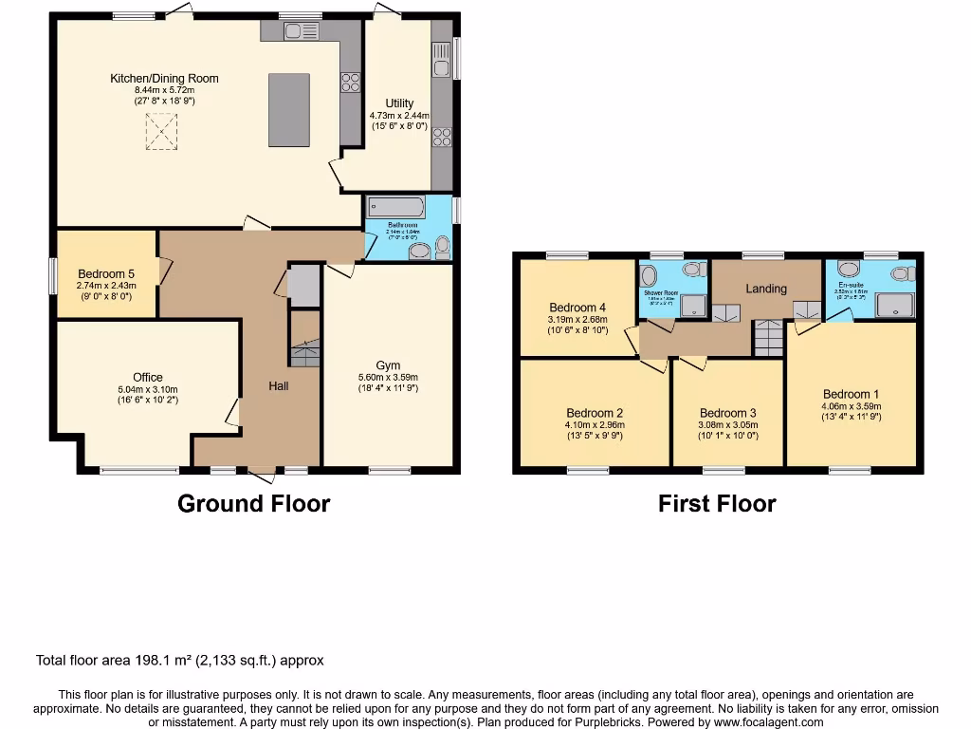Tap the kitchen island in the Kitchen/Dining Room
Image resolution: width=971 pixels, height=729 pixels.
(x=288, y=110)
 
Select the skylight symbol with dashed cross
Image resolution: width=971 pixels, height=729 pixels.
(x=161, y=131)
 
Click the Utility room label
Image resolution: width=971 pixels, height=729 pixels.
(x=399, y=103)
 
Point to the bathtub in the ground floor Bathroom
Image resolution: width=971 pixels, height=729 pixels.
(x=395, y=208)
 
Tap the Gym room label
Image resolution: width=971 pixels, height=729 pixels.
(x=388, y=365)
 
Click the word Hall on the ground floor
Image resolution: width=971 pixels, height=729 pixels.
(x=279, y=385)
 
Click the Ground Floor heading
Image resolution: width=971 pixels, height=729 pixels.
(x=253, y=504)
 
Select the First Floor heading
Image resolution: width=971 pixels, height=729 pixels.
(x=717, y=504)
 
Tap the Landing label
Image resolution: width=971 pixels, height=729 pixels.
(x=765, y=289)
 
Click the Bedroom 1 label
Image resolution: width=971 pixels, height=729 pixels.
(x=851, y=395)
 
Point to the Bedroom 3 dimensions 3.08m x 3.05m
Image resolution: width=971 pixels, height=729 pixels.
(x=727, y=424)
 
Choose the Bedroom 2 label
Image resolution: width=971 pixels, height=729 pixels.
(x=595, y=413)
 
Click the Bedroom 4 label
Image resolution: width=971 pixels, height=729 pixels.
(x=577, y=308)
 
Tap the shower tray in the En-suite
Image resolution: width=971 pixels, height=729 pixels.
(x=895, y=305)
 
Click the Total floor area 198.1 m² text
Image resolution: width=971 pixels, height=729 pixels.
(x=180, y=660)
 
